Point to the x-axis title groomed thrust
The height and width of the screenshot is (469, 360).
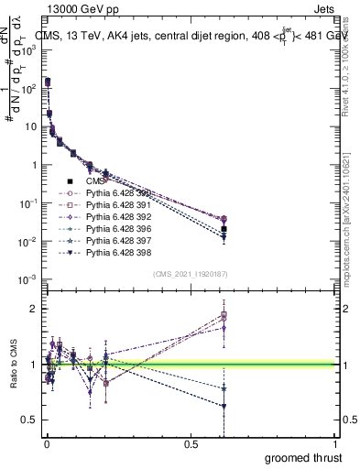tap(303, 457)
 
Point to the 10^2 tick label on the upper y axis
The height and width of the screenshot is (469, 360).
tap(25, 88)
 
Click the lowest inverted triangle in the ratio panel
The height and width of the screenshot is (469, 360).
tap(224, 406)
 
